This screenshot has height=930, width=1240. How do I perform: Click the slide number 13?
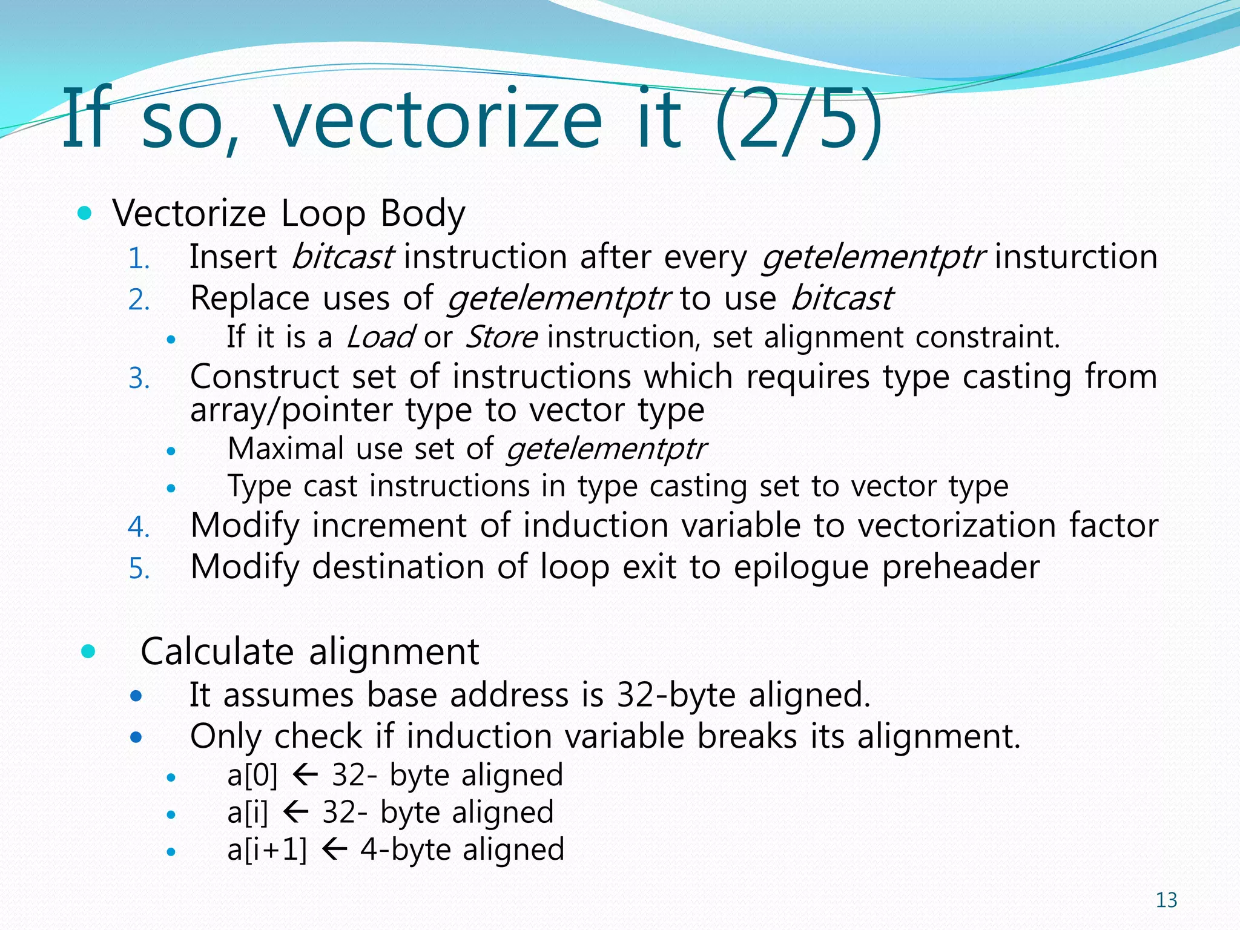pos(1166,900)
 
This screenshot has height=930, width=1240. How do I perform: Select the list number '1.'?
pos(139,259)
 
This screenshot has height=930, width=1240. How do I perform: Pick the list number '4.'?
pos(139,527)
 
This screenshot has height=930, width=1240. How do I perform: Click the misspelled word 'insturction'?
pos(1076,257)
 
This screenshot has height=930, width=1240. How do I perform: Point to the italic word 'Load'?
pos(380,337)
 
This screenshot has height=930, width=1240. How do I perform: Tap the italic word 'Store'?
pos(501,337)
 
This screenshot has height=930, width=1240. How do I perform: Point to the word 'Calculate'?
pos(217,652)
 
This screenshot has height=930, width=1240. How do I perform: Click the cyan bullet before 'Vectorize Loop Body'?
pos(85,214)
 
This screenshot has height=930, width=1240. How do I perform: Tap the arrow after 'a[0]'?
pos(305,775)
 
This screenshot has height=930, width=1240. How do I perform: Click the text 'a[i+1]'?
pos(267,849)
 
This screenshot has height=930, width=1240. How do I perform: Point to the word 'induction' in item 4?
pos(596,526)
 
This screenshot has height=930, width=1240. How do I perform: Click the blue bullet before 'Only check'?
pos(136,737)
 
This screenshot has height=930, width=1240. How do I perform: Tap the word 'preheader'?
pos(960,568)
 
